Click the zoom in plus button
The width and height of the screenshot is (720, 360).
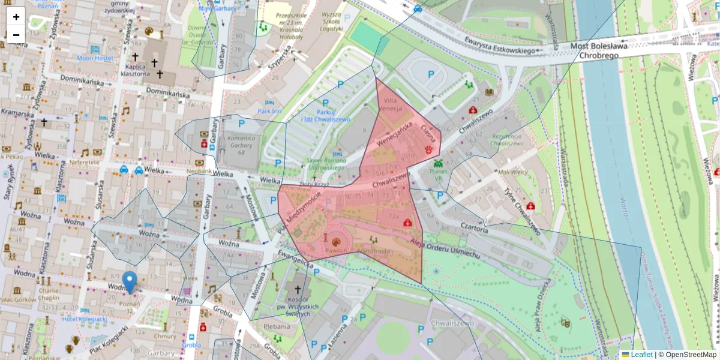[x=16, y=17]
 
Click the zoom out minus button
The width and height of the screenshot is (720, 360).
[x=16, y=35]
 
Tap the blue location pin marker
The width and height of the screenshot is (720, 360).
[x=129, y=283]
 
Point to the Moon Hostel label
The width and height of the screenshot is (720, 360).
[x=95, y=58]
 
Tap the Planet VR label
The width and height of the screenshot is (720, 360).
[x=437, y=175]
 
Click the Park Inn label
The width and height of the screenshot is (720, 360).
[x=269, y=111]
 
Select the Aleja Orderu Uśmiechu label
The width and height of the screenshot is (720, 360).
[x=446, y=248]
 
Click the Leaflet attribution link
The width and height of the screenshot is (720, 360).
[x=641, y=355]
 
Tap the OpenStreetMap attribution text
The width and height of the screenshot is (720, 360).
[x=688, y=355]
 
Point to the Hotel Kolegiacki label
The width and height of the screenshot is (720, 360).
[x=84, y=319]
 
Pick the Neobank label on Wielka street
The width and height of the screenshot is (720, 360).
[x=200, y=171]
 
